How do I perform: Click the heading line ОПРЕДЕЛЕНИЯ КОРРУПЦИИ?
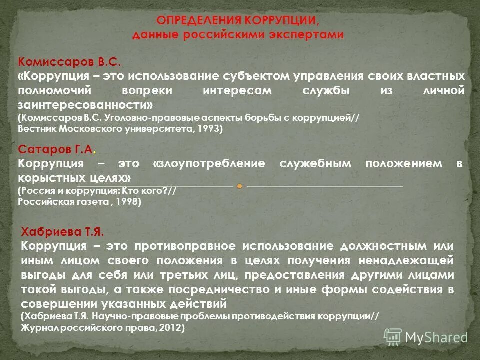tap(237, 20)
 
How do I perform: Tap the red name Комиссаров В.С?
tap(69, 61)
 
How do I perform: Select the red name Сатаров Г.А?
tap(55, 149)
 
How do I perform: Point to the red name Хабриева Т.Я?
tap(63, 232)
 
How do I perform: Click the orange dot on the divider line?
tap(240, 186)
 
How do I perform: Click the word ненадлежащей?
tap(420, 261)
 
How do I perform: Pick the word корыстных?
tap(47, 178)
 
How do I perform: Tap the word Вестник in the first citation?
tap(37, 129)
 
